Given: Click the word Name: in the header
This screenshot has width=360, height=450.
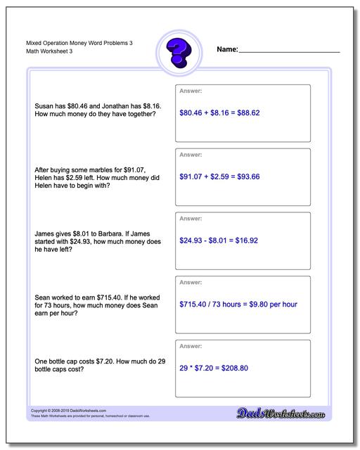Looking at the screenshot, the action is tap(228, 50).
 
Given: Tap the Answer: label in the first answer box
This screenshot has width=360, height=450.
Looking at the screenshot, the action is tap(191, 91).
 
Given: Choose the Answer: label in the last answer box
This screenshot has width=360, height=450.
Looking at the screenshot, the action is tap(191, 347).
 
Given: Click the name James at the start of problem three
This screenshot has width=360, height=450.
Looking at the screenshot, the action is tap(46, 233).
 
